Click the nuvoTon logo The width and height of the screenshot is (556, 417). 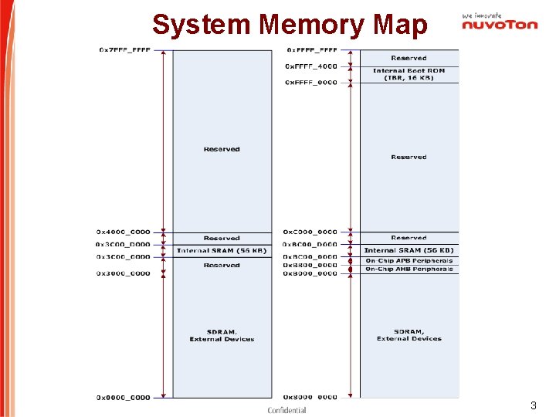pos(500,25)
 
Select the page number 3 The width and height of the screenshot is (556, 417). pos(533,405)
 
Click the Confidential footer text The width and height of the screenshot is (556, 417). pos(286,410)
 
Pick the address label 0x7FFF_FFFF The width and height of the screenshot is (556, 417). pos(124,50)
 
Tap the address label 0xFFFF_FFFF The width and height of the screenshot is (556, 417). pos(311,50)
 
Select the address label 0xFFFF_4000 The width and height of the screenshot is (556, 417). pos(311,66)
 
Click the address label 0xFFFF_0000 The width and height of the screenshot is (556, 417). pos(311,83)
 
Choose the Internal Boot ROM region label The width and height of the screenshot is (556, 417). pos(409,74)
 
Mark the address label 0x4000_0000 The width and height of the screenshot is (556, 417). pos(124,232)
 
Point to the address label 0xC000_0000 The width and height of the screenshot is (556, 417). pos(310,232)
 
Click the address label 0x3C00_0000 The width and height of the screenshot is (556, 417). pos(124,256)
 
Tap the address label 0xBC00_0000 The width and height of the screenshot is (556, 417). pos(310,256)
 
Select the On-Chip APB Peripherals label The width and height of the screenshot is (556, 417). pos(409,261)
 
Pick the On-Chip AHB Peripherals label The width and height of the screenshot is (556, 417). pos(409,269)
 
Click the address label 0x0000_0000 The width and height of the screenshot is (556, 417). pos(124,398)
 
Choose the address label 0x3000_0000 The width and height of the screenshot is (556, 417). pos(124,273)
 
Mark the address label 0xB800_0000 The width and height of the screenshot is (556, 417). pos(310,265)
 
